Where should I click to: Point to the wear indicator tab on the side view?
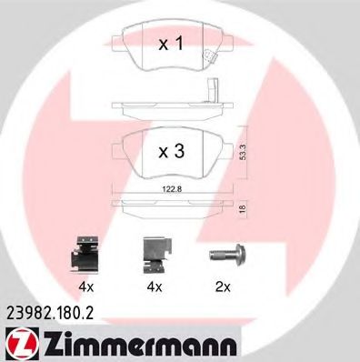tap(214, 92)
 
